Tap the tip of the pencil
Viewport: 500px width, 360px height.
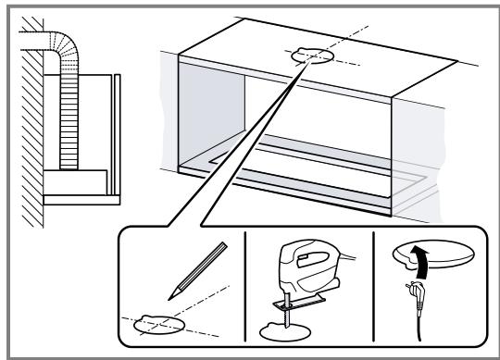[x=172, y=298]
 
